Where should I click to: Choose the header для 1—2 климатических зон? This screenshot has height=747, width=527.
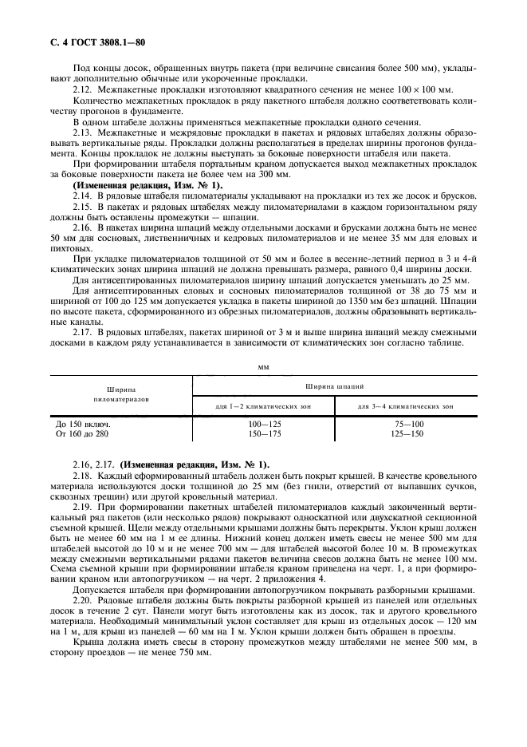(262, 406)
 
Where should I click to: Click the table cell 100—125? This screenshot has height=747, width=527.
(262, 424)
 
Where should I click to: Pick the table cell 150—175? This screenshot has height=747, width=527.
(262, 433)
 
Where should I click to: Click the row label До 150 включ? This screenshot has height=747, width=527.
(78, 424)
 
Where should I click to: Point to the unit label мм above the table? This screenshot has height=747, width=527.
(263, 367)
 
